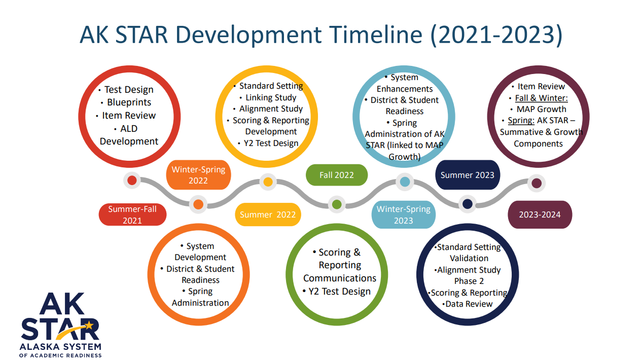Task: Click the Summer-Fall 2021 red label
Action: coord(132,214)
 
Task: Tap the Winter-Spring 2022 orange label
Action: coord(198,175)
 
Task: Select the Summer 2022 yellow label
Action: coord(268,214)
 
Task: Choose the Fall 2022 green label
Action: coord(337,175)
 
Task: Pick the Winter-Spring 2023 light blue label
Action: coord(404,214)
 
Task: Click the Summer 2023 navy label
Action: coord(468,175)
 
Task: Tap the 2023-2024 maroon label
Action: coord(540,214)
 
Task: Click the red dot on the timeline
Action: coord(132,181)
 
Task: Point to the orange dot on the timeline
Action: coord(198,204)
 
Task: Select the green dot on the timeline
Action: coord(337,204)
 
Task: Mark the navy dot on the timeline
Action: coord(468,204)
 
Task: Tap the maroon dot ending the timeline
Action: coord(537,183)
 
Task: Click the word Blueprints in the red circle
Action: coord(129,102)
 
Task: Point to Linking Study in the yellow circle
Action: coord(271,97)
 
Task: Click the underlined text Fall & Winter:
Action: coord(542,98)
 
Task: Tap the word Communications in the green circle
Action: coord(340,278)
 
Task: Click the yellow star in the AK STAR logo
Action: coord(89,326)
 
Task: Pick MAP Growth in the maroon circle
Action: coord(542,109)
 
